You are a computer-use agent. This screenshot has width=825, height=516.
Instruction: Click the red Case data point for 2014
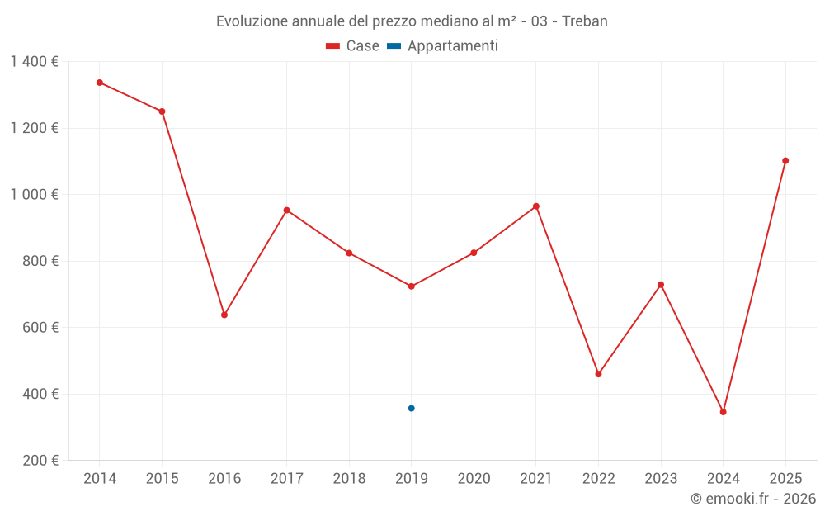[100, 83]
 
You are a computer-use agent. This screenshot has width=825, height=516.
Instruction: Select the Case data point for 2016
[224, 315]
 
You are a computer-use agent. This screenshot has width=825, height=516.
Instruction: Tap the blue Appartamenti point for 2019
[412, 408]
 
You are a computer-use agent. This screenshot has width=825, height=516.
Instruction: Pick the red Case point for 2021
[536, 206]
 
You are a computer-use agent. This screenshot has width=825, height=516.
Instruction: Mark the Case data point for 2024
[724, 412]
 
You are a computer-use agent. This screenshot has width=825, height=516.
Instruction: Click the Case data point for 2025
[785, 161]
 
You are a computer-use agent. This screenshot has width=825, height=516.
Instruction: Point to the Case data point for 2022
[599, 374]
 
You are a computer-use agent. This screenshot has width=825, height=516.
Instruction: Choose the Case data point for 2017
[287, 211]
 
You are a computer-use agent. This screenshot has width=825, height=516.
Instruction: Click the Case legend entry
[353, 46]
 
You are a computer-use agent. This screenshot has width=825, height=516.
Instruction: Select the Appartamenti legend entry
[443, 46]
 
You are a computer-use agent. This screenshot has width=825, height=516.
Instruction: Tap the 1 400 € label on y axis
[34, 62]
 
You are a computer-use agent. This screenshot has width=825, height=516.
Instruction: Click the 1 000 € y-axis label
[34, 195]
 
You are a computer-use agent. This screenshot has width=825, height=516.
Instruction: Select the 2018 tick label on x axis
[349, 479]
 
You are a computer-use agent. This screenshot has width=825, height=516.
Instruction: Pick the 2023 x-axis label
[661, 479]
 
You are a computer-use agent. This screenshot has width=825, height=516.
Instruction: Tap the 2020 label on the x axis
[474, 479]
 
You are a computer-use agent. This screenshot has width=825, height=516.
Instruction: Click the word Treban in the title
[585, 21]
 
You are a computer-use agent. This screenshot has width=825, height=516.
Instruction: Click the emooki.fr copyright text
[752, 499]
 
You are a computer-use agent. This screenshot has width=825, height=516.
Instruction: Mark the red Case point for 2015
[162, 111]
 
